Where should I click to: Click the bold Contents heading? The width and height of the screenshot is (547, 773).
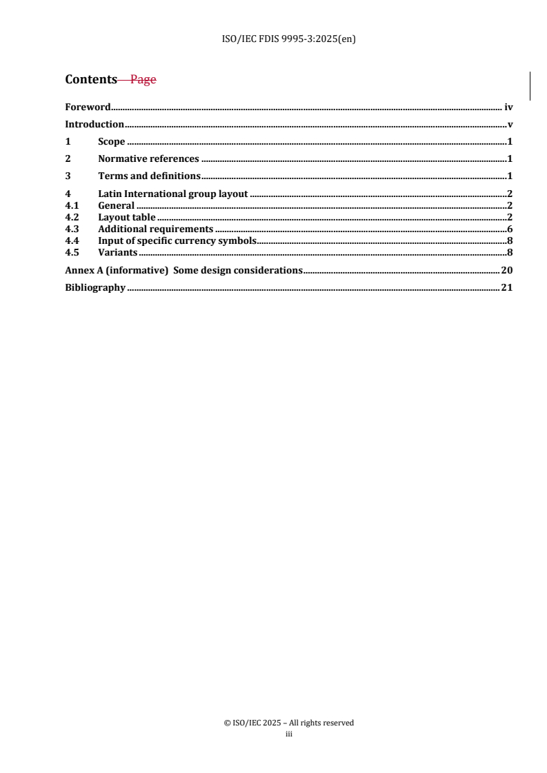(91, 79)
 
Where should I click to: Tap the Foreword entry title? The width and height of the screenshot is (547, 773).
(88, 107)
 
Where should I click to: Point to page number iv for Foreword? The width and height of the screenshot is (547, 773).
(508, 107)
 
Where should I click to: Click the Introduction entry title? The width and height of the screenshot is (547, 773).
(95, 125)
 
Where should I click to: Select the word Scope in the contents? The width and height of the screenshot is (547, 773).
(112, 142)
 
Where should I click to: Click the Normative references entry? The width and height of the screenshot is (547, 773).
(148, 159)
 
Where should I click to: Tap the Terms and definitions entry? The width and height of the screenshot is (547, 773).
(149, 176)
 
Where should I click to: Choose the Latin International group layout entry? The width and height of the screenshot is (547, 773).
(172, 194)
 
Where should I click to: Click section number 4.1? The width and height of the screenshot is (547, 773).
(72, 205)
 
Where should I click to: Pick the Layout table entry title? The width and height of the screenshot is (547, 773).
(127, 218)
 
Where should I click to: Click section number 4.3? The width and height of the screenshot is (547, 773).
(72, 229)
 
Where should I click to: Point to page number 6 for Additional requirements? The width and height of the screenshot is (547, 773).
(509, 229)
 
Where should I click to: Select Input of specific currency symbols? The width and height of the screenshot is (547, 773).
(177, 240)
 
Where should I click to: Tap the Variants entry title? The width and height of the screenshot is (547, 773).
(117, 252)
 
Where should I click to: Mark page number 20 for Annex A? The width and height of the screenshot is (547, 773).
(506, 270)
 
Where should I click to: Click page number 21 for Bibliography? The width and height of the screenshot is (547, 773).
(506, 288)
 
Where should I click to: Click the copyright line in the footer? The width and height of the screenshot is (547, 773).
(289, 723)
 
